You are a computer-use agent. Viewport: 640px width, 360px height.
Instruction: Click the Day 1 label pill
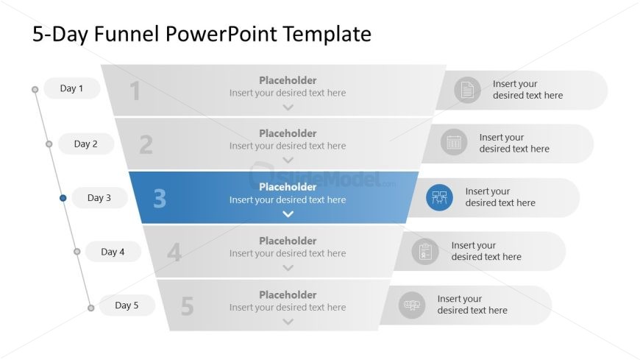(x=72, y=88)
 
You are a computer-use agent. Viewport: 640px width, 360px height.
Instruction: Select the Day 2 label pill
(x=86, y=144)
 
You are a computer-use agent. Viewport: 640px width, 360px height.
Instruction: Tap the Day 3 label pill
(x=99, y=198)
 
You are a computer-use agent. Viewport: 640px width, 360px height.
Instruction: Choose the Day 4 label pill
(x=113, y=252)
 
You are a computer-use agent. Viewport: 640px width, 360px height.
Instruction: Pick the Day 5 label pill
(x=127, y=306)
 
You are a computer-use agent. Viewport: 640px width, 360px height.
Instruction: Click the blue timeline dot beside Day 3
(x=63, y=198)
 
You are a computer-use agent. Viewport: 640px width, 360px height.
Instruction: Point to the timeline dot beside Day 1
(x=35, y=89)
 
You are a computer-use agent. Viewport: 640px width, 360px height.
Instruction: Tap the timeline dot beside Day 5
(x=91, y=308)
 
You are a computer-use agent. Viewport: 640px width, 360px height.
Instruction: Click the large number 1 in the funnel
(x=135, y=91)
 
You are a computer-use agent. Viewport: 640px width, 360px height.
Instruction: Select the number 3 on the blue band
(x=160, y=199)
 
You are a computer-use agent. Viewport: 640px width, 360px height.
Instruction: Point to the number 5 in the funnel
(x=187, y=306)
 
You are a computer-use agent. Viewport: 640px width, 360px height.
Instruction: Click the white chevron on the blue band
(x=288, y=214)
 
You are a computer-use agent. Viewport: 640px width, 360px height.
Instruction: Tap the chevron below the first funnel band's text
(x=288, y=107)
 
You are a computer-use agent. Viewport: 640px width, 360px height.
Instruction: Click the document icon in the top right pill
(x=467, y=90)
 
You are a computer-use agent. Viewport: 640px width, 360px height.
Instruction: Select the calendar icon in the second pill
(x=454, y=142)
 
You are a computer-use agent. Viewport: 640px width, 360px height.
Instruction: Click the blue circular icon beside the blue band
(x=440, y=198)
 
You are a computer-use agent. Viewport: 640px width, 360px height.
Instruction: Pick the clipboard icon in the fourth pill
(x=425, y=251)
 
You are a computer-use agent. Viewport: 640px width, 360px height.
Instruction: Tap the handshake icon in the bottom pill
(x=412, y=305)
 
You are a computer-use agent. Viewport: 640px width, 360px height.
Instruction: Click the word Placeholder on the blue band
(x=288, y=187)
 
